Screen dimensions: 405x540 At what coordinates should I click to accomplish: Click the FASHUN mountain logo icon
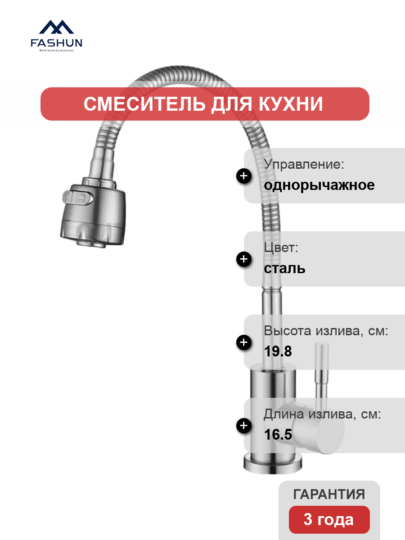tap(56, 27)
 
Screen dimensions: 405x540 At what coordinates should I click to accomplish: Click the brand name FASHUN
tap(56, 43)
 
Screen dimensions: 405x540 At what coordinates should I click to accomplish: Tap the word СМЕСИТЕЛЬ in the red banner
tap(144, 104)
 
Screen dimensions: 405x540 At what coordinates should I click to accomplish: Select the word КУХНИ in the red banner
tap(291, 104)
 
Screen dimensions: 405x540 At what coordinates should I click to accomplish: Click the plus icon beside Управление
tap(244, 176)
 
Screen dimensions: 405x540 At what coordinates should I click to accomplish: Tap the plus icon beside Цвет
tap(244, 259)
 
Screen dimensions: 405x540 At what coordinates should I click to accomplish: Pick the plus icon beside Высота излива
tap(244, 342)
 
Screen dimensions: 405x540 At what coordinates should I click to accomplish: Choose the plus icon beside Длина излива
tap(244, 426)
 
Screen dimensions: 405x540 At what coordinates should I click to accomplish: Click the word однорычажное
tap(319, 185)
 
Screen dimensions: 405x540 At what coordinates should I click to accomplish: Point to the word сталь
tap(284, 268)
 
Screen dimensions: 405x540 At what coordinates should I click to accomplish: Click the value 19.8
tap(278, 351)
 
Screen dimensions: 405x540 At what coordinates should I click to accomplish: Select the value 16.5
tap(278, 434)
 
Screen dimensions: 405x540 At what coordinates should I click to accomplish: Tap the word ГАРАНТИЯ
tap(329, 494)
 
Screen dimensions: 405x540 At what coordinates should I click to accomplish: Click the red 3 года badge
tap(329, 520)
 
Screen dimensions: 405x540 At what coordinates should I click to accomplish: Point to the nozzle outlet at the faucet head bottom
tap(91, 243)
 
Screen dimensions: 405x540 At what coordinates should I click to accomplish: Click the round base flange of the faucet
tap(273, 464)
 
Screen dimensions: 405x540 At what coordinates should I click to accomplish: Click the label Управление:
tap(304, 164)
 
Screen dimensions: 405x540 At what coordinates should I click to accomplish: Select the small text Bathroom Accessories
tap(56, 50)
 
